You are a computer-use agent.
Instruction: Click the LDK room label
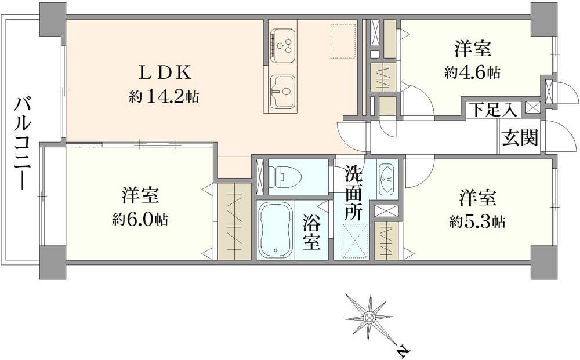[x=163, y=73]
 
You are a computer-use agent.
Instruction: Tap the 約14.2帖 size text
[x=164, y=97]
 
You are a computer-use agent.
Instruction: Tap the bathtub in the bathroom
[x=275, y=230]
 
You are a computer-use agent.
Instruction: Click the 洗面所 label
[x=354, y=192]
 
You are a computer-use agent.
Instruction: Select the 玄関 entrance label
[x=520, y=138]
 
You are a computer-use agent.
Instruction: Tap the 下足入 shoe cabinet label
[x=493, y=109]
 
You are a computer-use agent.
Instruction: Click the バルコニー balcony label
[x=23, y=144]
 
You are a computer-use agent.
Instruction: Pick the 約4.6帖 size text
[x=472, y=73]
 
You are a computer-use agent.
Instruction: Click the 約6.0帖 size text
[x=140, y=220]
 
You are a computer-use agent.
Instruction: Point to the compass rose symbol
[x=369, y=316]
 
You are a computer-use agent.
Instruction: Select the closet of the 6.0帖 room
[x=234, y=221]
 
